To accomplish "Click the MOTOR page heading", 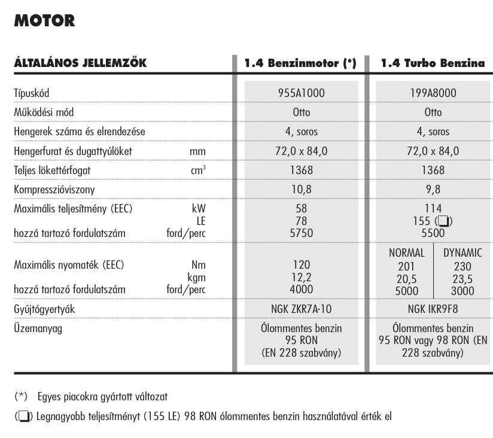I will [x=44, y=21].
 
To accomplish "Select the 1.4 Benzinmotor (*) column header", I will [x=300, y=63].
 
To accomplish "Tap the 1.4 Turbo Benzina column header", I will [x=433, y=63].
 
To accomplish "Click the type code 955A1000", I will [x=300, y=93].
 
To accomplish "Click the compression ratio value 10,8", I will [x=300, y=190].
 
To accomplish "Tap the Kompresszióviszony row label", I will [x=54, y=190].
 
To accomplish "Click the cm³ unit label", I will [x=198, y=171].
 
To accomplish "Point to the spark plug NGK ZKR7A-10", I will [x=300, y=309].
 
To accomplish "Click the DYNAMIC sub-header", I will [x=462, y=253].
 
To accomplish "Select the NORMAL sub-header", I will [x=407, y=253].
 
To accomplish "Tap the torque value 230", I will [x=462, y=267].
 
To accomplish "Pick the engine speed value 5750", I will [x=300, y=233].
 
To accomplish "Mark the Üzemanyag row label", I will [x=38, y=328].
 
